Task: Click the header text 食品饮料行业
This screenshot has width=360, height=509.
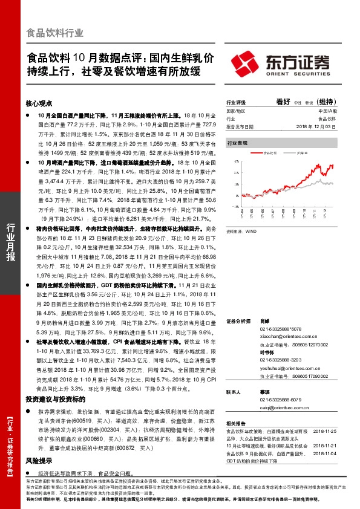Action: pos(55,33)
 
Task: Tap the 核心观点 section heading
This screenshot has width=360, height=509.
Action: pos(40,104)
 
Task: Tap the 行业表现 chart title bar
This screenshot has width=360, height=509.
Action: pos(237,143)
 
